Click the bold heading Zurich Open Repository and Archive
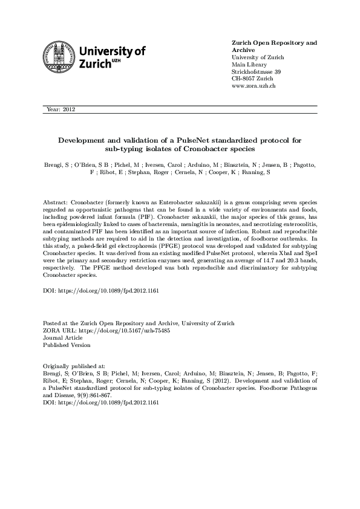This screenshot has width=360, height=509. click(274, 47)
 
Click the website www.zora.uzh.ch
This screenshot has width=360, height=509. click(254, 86)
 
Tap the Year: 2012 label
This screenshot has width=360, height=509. click(61, 109)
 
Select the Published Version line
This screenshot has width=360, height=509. click(67, 345)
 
